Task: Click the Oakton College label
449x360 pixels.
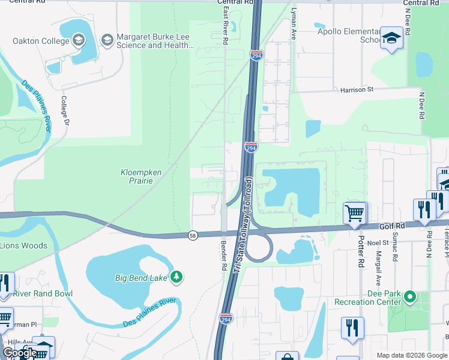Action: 40,41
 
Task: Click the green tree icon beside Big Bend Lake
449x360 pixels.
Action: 176,277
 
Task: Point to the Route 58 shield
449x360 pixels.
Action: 192,235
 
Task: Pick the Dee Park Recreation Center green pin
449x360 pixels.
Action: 410,296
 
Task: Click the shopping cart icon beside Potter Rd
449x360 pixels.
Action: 354,212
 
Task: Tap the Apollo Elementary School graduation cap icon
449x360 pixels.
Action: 391,38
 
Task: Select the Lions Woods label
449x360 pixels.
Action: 23,245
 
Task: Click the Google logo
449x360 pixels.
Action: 20,353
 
